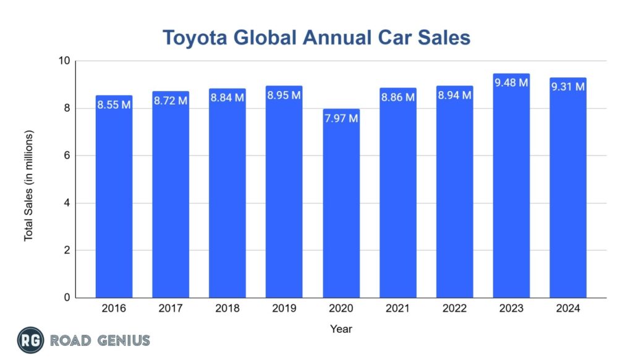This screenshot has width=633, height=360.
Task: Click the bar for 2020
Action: click(341, 204)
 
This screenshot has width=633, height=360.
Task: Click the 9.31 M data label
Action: click(567, 87)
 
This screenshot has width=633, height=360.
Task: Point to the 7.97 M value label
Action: click(341, 118)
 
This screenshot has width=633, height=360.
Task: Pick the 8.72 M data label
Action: click(171, 100)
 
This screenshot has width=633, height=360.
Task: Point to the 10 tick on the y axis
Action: click(64, 61)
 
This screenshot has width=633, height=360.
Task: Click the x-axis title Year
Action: click(341, 329)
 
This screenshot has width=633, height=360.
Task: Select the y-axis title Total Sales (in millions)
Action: click(28, 186)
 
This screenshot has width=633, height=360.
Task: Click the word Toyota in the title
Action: click(192, 37)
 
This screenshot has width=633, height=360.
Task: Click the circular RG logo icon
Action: click(30, 340)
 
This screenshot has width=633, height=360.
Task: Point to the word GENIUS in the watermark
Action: click(124, 340)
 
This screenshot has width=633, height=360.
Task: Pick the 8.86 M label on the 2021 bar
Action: click(397, 97)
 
